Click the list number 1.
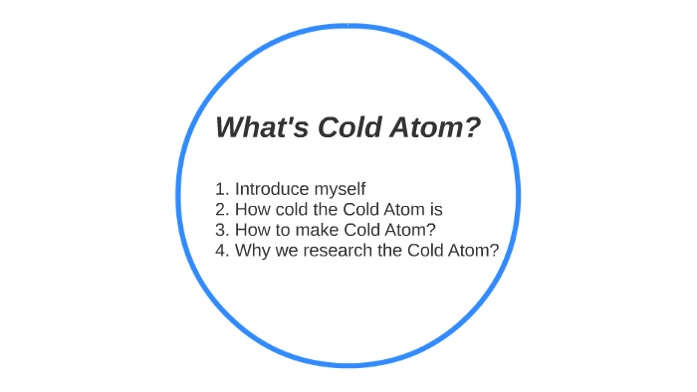tap(221, 188)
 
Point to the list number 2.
tap(221, 209)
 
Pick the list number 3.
tap(221, 230)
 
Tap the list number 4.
tap(221, 250)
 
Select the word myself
tap(340, 189)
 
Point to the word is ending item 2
tap(435, 209)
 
